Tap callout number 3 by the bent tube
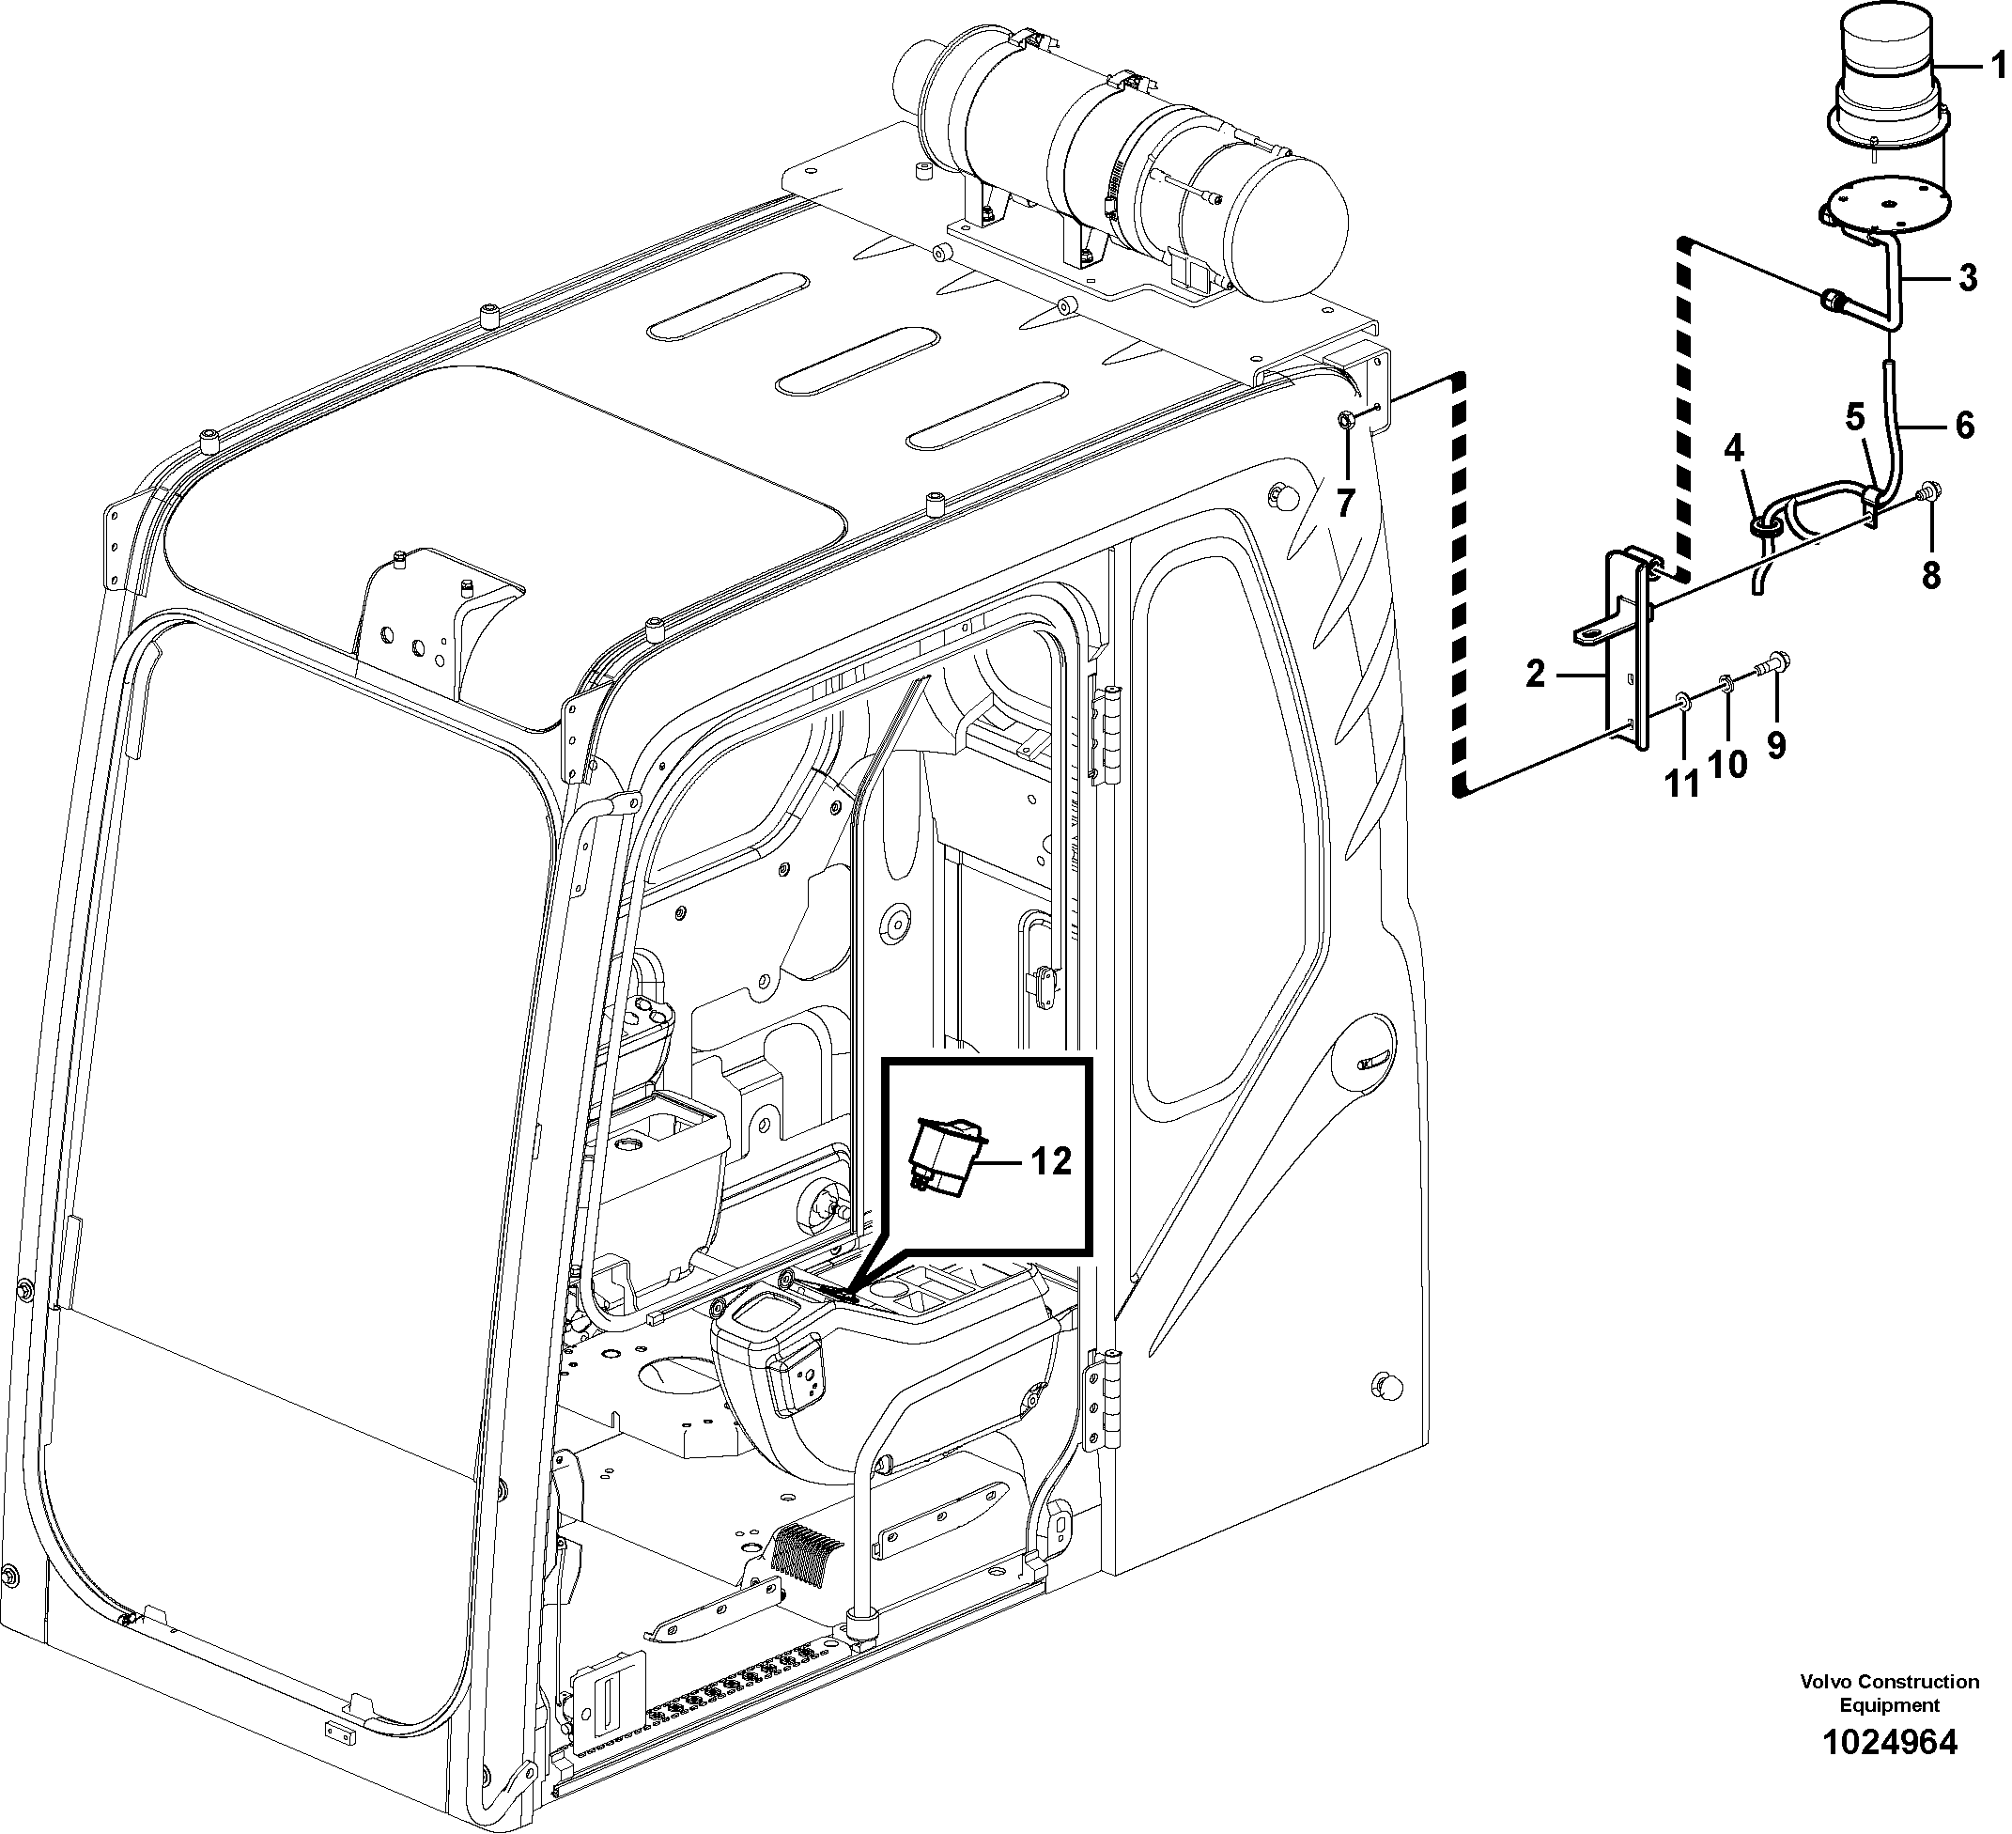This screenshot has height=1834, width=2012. point(1967,278)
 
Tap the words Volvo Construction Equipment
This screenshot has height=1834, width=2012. point(1889,1693)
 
